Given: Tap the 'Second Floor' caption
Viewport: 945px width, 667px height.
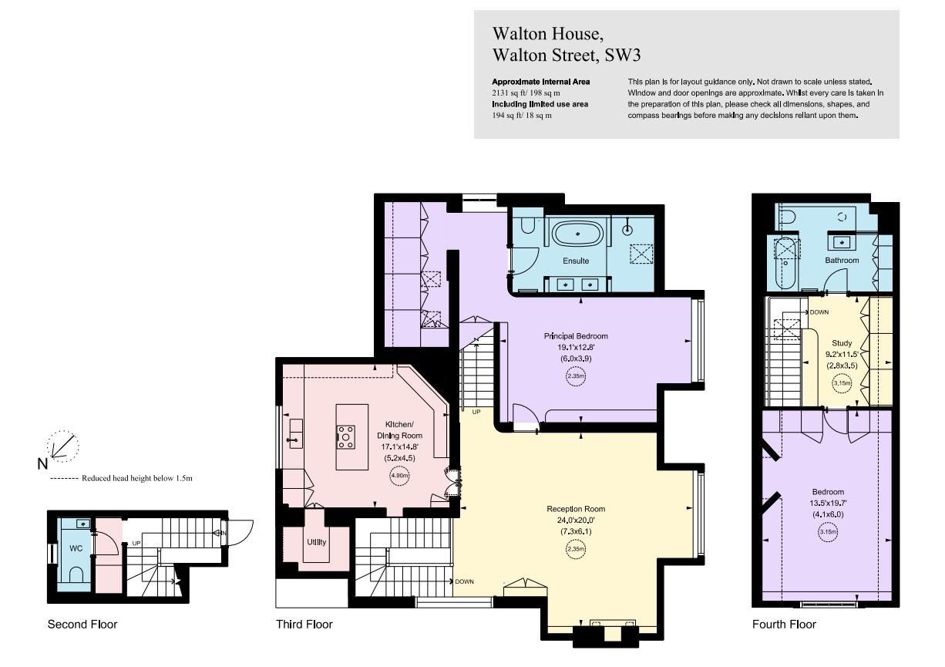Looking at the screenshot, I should pyautogui.click(x=82, y=624).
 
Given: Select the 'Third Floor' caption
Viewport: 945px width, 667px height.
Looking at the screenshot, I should pyautogui.click(x=304, y=624).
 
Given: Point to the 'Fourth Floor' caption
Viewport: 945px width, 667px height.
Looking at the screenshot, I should pyautogui.click(x=784, y=624).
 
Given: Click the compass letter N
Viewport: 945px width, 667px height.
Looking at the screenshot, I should pyautogui.click(x=42, y=463).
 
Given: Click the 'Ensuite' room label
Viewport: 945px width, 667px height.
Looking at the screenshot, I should pyautogui.click(x=576, y=261).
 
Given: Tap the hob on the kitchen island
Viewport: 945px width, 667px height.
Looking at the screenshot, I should pyautogui.click(x=346, y=437).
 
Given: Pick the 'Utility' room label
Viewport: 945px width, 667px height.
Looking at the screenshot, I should pyautogui.click(x=317, y=542).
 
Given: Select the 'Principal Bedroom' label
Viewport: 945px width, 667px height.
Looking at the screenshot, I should pyautogui.click(x=576, y=336).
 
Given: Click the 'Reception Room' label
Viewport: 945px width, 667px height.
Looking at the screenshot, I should pyautogui.click(x=576, y=509).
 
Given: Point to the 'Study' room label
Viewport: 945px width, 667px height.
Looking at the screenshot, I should pyautogui.click(x=842, y=343).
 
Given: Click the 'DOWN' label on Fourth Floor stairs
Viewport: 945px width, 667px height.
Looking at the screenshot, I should pyautogui.click(x=819, y=312).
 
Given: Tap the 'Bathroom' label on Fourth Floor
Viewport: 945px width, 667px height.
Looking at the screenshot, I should pyautogui.click(x=842, y=261).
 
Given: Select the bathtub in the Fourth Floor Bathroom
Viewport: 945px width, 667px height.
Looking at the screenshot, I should pyautogui.click(x=785, y=262).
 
